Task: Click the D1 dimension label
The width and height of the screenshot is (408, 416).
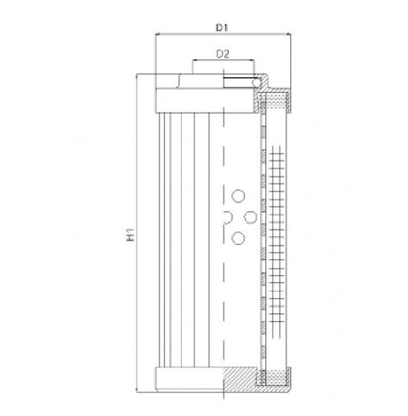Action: (223, 27)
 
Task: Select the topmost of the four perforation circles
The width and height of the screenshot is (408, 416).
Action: (237, 196)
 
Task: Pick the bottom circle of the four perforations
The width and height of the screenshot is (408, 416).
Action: (237, 237)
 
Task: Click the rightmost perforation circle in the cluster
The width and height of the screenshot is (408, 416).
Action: (251, 216)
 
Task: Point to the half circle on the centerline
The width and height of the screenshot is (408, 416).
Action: (226, 216)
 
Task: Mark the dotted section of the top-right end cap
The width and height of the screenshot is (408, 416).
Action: (275, 100)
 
